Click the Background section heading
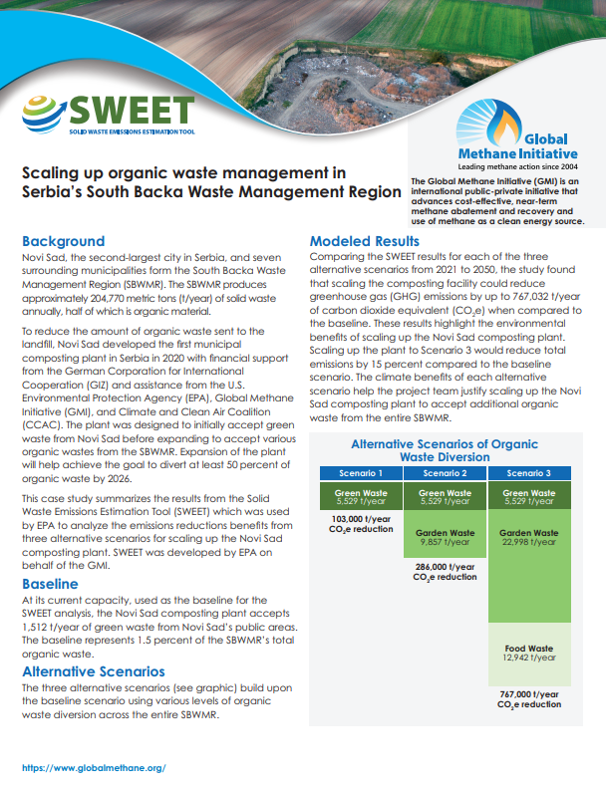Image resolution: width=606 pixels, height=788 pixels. tap(63, 241)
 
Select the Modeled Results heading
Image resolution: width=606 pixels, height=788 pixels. tap(364, 241)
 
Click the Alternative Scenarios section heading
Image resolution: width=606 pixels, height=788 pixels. tap(94, 671)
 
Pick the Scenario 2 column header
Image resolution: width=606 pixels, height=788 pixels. tap(444, 473)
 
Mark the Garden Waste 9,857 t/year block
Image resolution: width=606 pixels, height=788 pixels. tap(444, 537)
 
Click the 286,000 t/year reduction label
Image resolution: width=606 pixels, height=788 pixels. tap(444, 571)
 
